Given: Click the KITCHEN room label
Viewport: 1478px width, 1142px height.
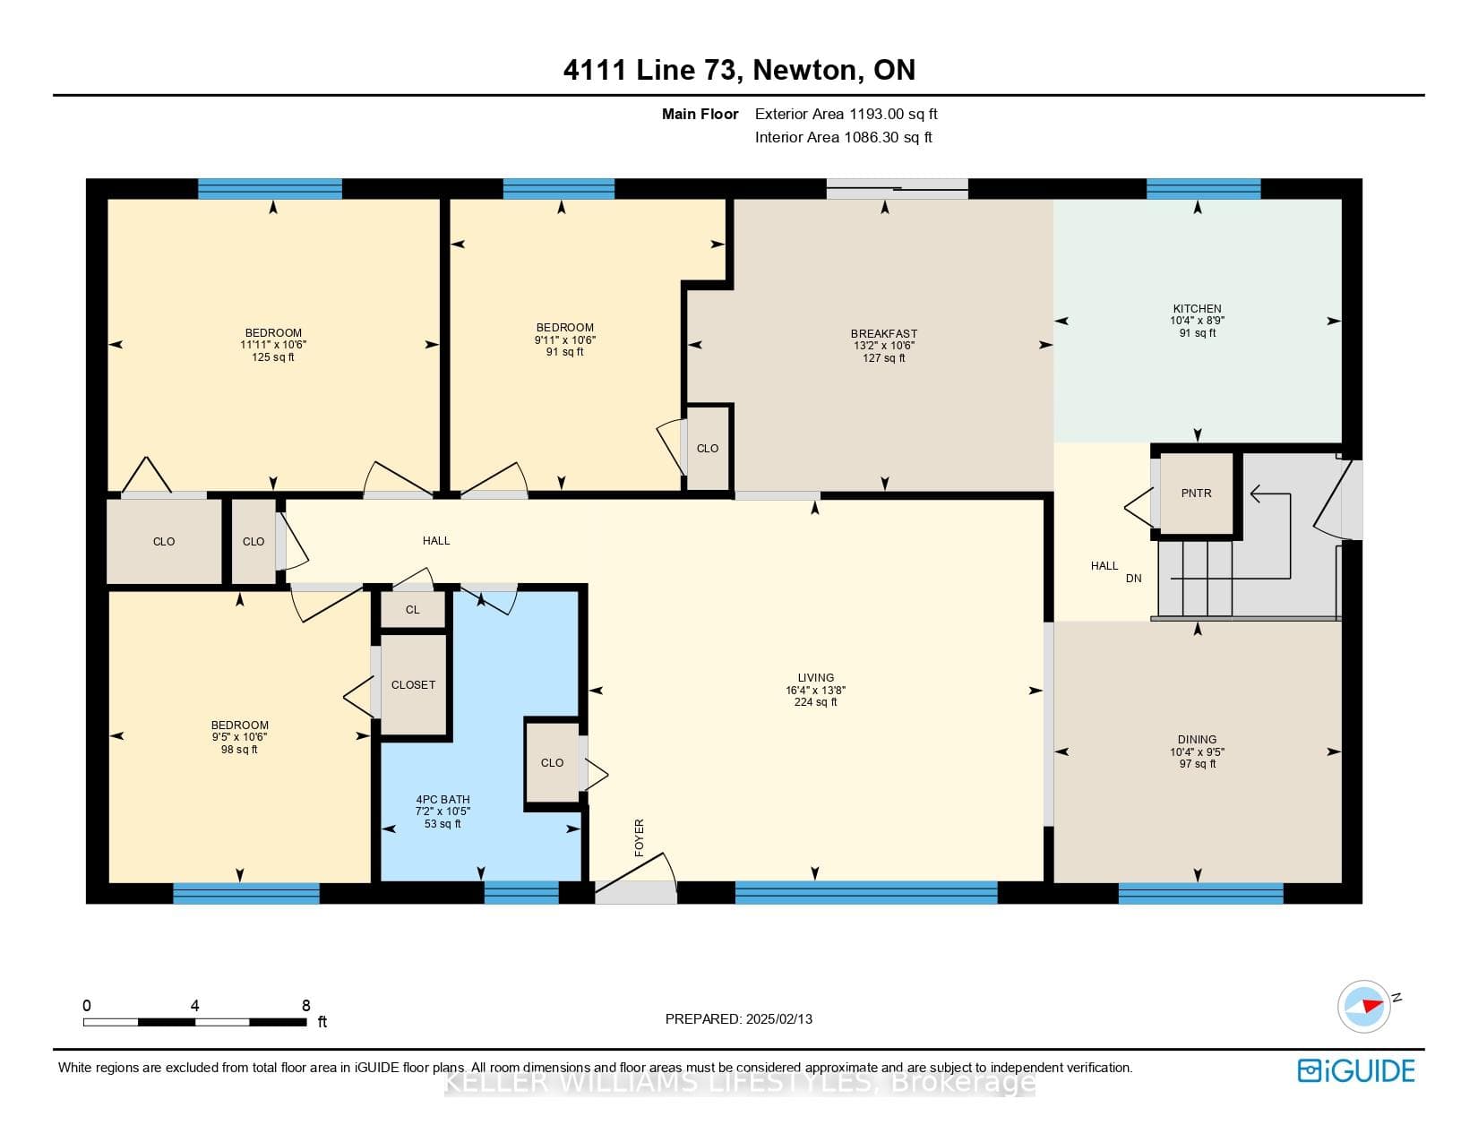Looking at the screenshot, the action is pyautogui.click(x=1197, y=308).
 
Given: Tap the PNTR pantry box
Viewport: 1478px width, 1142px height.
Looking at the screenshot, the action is pyautogui.click(x=1196, y=494).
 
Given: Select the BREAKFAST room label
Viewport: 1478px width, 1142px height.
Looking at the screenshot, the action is pyautogui.click(x=883, y=333).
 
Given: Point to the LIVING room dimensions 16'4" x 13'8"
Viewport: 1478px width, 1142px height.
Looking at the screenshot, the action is pyautogui.click(x=815, y=690).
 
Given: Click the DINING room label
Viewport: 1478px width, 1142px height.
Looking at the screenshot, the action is pyautogui.click(x=1197, y=739).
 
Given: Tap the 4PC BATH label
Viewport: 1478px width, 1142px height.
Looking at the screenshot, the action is pyautogui.click(x=443, y=799).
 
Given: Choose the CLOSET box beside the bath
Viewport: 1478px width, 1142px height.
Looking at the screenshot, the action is pyautogui.click(x=413, y=685).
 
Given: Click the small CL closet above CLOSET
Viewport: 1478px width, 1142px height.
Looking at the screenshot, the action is pyautogui.click(x=413, y=609).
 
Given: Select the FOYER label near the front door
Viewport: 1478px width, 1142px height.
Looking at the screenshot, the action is pyautogui.click(x=639, y=837).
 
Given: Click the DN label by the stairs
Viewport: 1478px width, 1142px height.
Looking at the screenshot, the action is pyautogui.click(x=1133, y=578).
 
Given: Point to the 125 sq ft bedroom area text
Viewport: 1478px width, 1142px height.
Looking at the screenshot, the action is pyautogui.click(x=272, y=357).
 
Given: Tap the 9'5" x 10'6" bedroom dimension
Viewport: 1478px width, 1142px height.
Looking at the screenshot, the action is pyautogui.click(x=239, y=736).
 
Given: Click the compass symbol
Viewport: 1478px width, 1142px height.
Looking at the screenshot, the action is pyautogui.click(x=1363, y=1006).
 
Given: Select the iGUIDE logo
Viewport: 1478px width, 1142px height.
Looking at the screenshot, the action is pyautogui.click(x=1356, y=1070).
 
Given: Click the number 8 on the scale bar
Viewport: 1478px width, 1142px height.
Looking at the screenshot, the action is pyautogui.click(x=306, y=1005).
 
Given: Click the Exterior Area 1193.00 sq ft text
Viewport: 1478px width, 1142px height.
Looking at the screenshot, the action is pyautogui.click(x=846, y=114).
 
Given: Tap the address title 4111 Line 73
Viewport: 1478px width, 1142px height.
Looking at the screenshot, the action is pyautogui.click(x=651, y=69).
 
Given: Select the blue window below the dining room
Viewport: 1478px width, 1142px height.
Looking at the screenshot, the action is pyautogui.click(x=1200, y=893).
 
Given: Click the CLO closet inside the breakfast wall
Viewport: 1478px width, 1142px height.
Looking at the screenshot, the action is pyautogui.click(x=708, y=448).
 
